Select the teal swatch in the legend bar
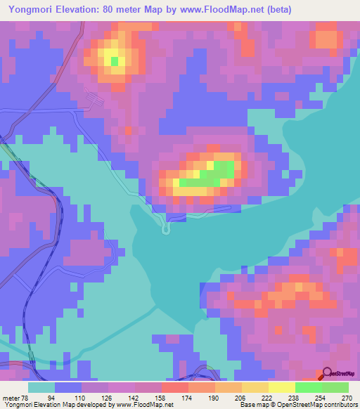(x=41, y=387)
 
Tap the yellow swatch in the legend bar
(x=281, y=387)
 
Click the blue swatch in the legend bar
(x=68, y=387)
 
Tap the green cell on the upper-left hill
(x=115, y=60)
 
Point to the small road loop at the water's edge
(x=167, y=228)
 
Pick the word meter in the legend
(x=10, y=398)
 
